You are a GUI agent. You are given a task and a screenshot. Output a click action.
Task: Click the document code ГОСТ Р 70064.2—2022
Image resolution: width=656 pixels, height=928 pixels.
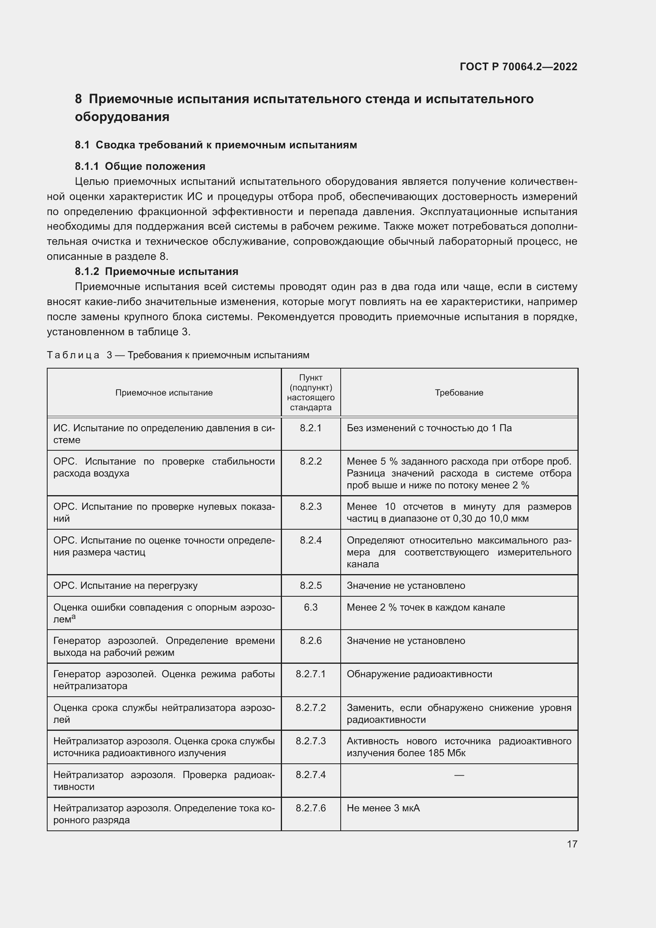click(x=518, y=67)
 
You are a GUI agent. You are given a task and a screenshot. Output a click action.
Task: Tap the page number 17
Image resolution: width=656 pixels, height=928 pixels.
click(x=572, y=844)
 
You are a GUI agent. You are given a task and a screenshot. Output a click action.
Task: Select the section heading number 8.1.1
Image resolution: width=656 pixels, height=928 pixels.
click(x=87, y=166)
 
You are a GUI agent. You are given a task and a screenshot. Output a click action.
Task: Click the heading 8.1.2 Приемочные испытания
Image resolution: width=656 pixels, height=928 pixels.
click(x=156, y=271)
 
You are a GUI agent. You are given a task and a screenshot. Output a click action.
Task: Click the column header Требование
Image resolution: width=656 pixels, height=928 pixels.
click(x=459, y=392)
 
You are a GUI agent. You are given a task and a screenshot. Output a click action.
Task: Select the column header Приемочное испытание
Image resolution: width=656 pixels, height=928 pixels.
click(x=164, y=392)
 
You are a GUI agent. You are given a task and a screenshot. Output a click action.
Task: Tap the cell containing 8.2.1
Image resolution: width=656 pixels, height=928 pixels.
click(x=311, y=428)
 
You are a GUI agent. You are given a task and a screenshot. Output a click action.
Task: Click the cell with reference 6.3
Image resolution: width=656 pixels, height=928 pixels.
click(x=311, y=607)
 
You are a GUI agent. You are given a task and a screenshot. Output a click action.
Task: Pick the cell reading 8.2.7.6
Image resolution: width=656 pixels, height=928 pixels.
click(x=311, y=808)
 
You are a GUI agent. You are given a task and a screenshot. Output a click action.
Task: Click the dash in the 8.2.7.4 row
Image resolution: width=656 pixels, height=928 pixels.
click(x=459, y=775)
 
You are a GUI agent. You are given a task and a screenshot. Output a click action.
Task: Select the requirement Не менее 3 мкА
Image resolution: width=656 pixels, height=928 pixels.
click(x=383, y=808)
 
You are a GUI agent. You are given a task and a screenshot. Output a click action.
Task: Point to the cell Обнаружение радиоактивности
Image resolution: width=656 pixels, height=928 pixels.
click(x=419, y=674)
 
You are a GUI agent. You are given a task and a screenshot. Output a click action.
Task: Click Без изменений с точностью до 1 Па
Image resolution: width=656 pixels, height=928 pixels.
click(x=429, y=428)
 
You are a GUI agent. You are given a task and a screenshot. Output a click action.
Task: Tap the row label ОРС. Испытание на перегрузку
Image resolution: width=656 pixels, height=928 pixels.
click(x=125, y=585)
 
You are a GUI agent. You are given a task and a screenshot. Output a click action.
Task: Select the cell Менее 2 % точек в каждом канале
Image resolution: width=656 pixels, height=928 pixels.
click(x=426, y=607)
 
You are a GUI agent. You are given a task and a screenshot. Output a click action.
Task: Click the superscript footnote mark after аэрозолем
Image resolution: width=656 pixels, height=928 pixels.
click(x=73, y=617)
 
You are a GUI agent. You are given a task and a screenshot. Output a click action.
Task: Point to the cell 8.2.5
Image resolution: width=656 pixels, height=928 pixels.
click(x=311, y=585)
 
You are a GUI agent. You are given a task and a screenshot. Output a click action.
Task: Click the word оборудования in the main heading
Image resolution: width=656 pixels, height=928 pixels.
click(x=122, y=117)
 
